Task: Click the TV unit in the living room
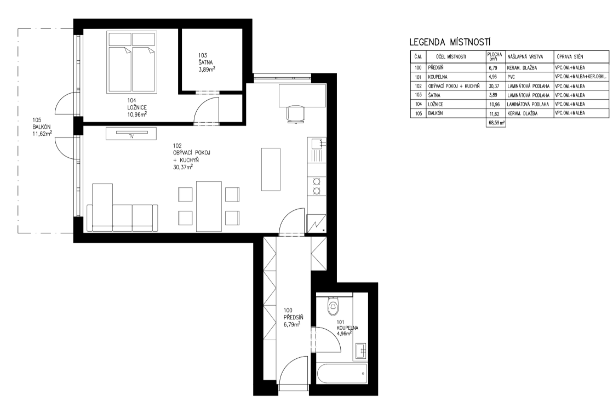click(131, 134)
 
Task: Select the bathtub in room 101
click(342, 374)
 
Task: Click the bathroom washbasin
click(361, 351)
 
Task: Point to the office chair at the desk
click(296, 114)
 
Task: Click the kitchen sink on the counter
click(317, 145)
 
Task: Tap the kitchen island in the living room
click(271, 169)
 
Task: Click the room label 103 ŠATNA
click(206, 62)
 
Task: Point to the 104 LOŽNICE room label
click(134, 107)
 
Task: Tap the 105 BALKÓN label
click(42, 127)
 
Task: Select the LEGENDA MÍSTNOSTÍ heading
click(450, 42)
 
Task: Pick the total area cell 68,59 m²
click(496, 123)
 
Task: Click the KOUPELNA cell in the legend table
click(438, 77)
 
